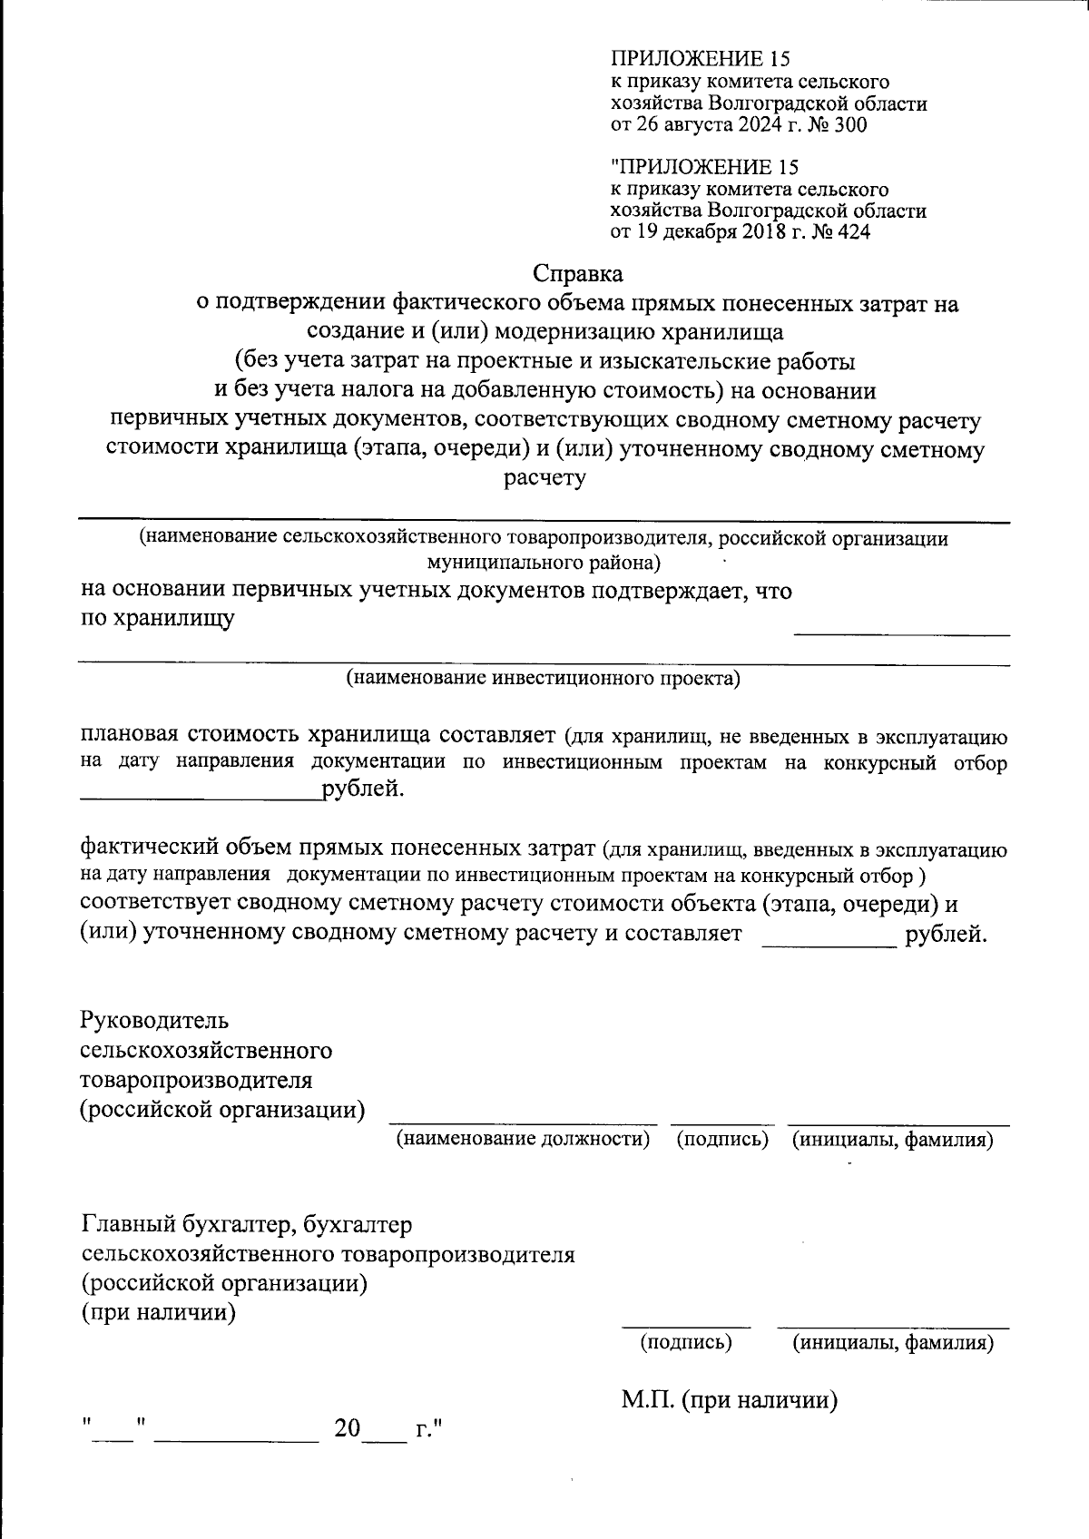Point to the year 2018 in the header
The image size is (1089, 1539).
pyautogui.click(x=759, y=232)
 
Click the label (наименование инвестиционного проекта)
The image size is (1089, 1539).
pyautogui.click(x=544, y=678)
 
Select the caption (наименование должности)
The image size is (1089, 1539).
pyautogui.click(x=524, y=1139)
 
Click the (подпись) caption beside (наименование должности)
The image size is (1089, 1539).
pyautogui.click(x=723, y=1139)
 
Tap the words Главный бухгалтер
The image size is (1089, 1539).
pyautogui.click(x=188, y=1225)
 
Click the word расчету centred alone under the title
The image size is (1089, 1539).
pyautogui.click(x=544, y=478)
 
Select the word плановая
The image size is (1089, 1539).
pyautogui.click(x=132, y=733)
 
